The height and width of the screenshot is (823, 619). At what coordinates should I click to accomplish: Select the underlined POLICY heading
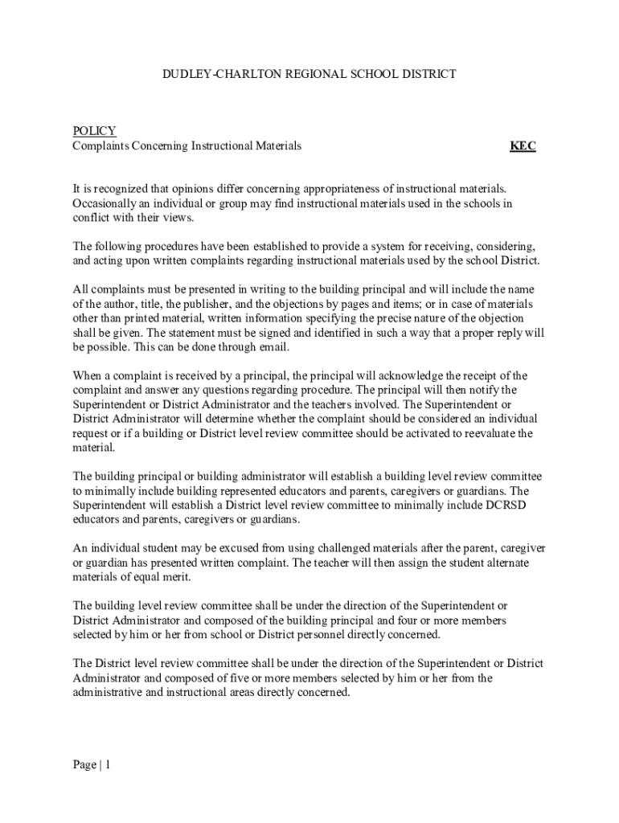tap(94, 131)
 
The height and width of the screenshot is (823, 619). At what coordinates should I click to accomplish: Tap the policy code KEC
tap(523, 146)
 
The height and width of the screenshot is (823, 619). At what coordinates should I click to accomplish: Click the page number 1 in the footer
tap(107, 765)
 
